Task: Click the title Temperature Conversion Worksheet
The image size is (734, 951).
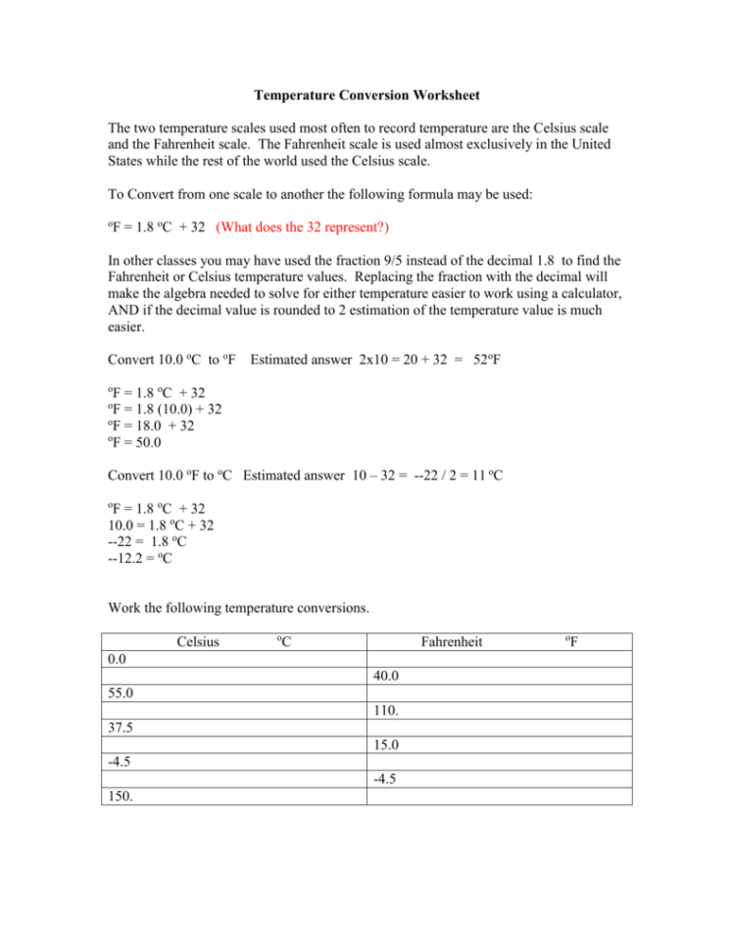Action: (367, 96)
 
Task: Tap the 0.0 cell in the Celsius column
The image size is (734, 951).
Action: (117, 660)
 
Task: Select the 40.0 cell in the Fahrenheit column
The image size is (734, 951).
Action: (385, 676)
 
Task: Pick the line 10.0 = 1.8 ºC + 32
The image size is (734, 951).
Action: (161, 526)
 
